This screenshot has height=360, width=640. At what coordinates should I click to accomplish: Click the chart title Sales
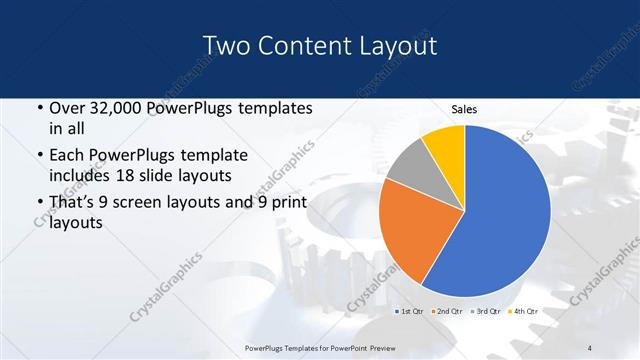463,108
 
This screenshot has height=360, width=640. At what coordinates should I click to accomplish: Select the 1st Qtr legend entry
409,311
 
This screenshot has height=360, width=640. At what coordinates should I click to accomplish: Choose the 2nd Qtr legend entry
447,311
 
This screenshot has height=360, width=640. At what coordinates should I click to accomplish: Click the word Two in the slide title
226,46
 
